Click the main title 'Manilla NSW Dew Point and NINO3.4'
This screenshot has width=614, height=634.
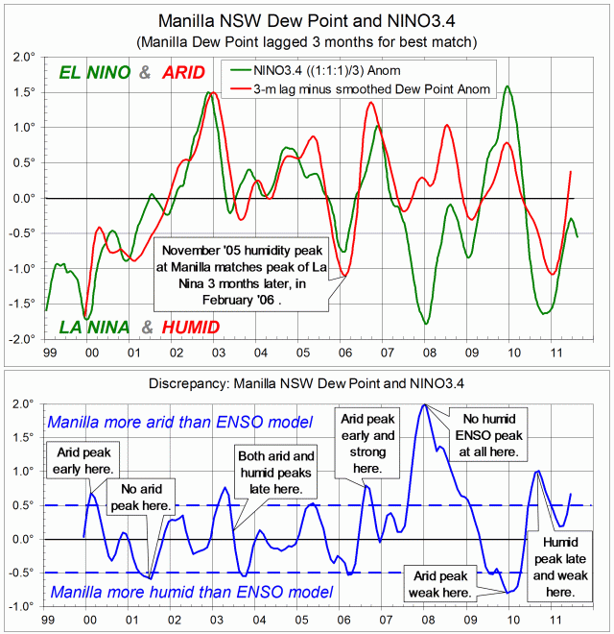tap(306, 20)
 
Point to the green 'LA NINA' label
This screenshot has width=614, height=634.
tap(96, 327)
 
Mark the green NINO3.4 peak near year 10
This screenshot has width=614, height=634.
tap(507, 86)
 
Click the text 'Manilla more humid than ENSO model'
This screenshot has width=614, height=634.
tap(192, 592)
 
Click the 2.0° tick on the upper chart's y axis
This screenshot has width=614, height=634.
tap(21, 57)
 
